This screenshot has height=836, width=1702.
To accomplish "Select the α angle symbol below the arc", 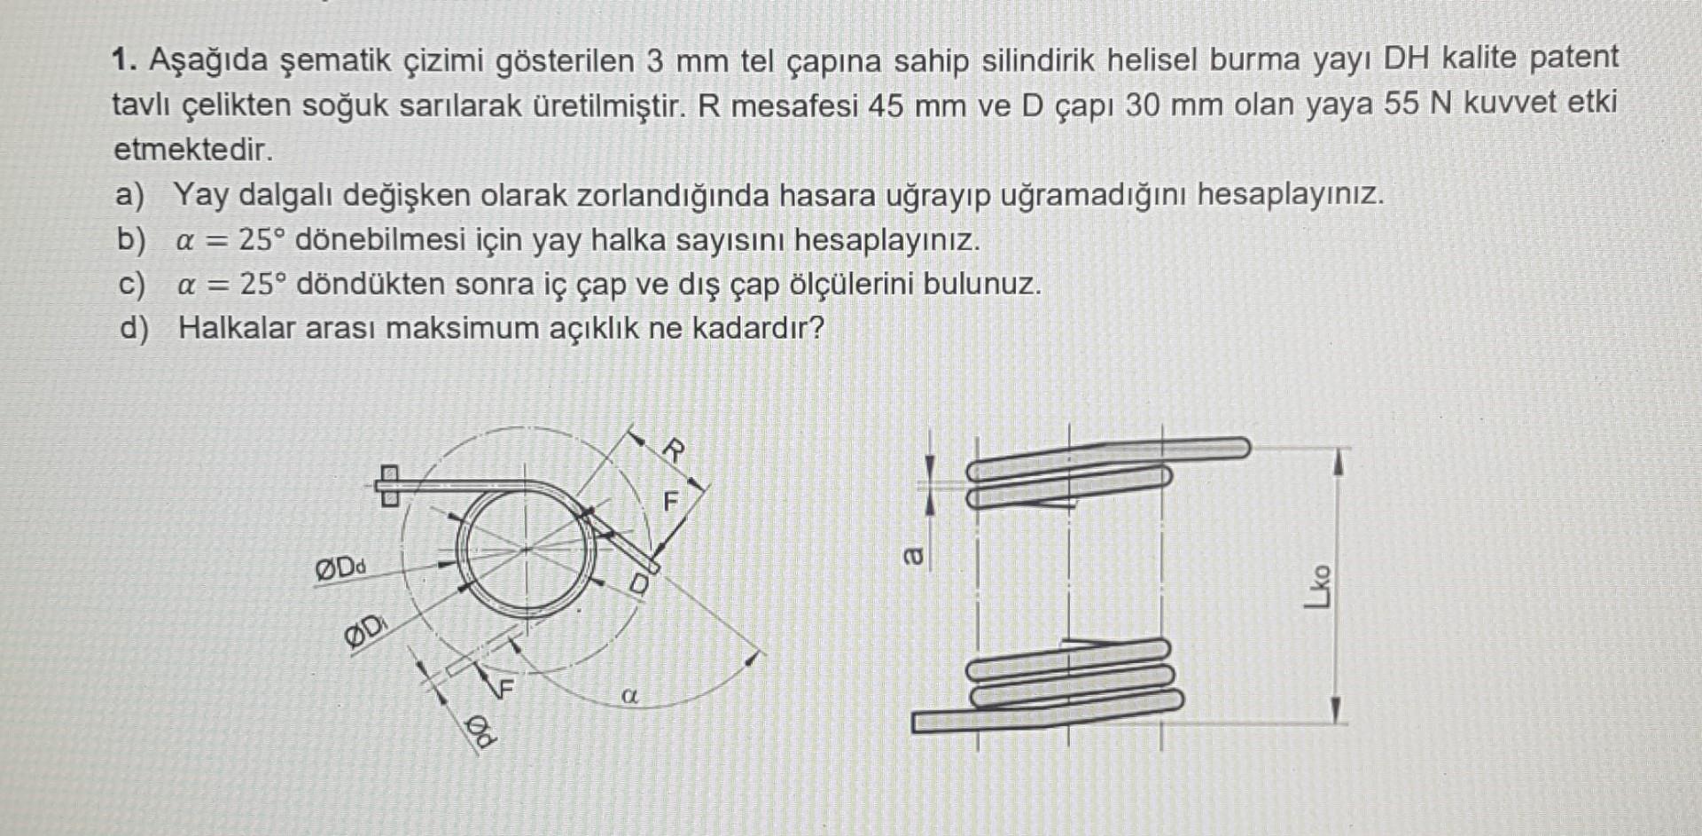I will pos(630,696).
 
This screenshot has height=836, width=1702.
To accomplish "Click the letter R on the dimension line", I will pos(674,450).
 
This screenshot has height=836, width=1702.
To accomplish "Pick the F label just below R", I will pos(671,503).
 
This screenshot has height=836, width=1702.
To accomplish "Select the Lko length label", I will pos(1318,587).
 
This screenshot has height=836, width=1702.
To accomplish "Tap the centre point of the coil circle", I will pos(527,549).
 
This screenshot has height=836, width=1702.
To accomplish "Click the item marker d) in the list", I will pos(134,329).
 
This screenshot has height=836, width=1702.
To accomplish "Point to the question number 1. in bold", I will pos(124,61).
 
